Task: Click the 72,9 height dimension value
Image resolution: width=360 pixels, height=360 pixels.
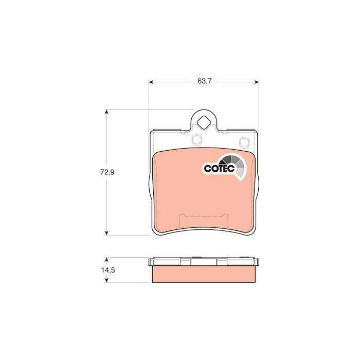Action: (x=107, y=172)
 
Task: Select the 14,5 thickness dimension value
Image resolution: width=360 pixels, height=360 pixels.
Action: (x=108, y=270)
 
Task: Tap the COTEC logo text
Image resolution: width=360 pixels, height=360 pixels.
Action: (x=219, y=169)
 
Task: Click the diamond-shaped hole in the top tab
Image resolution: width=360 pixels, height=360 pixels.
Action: (x=204, y=122)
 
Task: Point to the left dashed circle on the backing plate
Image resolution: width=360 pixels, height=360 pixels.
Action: (x=197, y=139)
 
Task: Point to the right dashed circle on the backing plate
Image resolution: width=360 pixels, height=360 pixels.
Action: (x=244, y=142)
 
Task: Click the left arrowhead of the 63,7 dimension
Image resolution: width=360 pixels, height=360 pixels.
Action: (x=151, y=82)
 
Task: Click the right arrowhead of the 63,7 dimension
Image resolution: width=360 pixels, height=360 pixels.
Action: (x=257, y=82)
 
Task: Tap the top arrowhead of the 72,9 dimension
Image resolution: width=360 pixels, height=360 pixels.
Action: (x=106, y=112)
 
